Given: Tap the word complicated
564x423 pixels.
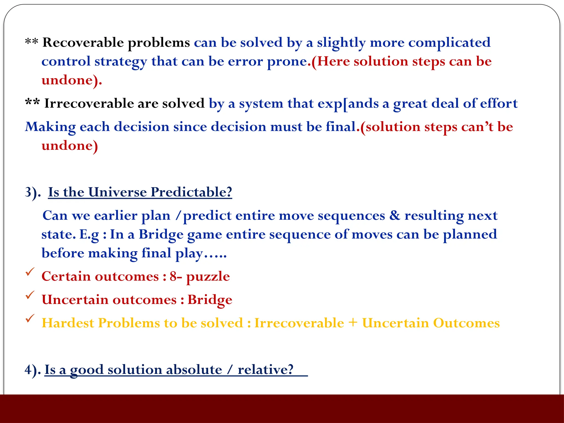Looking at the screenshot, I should click(x=449, y=43).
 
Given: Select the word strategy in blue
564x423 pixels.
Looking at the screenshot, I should click(x=121, y=61).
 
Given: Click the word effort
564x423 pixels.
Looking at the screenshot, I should click(x=499, y=104).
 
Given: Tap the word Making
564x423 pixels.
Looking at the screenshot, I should click(x=50, y=127).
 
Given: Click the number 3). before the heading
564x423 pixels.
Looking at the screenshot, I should click(x=32, y=192).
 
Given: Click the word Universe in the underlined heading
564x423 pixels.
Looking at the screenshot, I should click(x=118, y=192).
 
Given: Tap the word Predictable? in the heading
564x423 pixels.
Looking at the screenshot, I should click(x=191, y=192).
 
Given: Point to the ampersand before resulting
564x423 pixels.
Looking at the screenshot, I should click(x=394, y=215).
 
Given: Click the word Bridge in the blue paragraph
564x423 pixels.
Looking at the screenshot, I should click(x=161, y=234).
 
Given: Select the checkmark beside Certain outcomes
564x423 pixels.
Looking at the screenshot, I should click(x=30, y=272).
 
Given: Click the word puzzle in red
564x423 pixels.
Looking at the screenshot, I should click(x=208, y=276).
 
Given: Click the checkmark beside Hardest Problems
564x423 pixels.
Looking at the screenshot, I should click(x=30, y=319).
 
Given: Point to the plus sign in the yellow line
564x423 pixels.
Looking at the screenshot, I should click(x=352, y=323).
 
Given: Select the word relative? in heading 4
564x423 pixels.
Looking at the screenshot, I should click(x=265, y=370).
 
